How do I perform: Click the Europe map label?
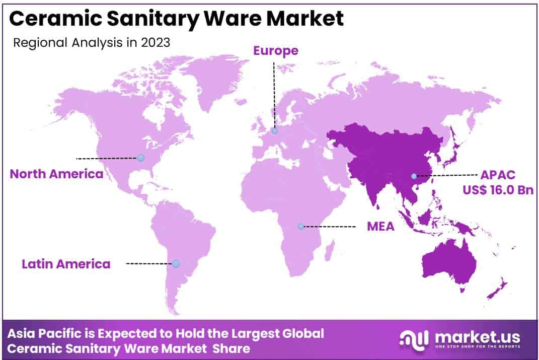[x=275, y=51]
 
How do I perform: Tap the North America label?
[x=56, y=174]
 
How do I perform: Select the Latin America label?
[x=66, y=264]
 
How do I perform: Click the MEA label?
[x=380, y=227]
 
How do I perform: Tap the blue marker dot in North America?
[x=140, y=158]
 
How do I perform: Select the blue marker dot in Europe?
[x=274, y=131]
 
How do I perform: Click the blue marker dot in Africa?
[x=301, y=227]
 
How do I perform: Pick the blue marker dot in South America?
[x=176, y=263]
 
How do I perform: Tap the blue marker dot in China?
[x=414, y=176]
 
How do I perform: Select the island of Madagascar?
[x=330, y=250]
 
